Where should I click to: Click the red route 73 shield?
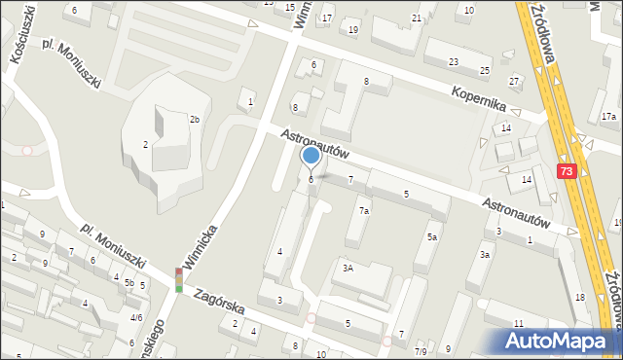(567, 170)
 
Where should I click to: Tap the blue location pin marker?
(311, 156)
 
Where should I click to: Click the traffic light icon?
(179, 280)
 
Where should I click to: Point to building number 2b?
(195, 120)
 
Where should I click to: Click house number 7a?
(363, 210)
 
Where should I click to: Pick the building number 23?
(453, 62)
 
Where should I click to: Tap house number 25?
(485, 71)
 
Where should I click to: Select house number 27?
(513, 81)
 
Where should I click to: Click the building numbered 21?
(417, 18)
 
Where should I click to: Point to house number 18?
(579, 297)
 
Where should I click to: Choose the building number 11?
(519, 323)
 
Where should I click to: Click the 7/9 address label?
(421, 351)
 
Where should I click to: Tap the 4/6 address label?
(136, 318)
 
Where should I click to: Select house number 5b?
(128, 283)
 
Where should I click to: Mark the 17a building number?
(608, 117)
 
